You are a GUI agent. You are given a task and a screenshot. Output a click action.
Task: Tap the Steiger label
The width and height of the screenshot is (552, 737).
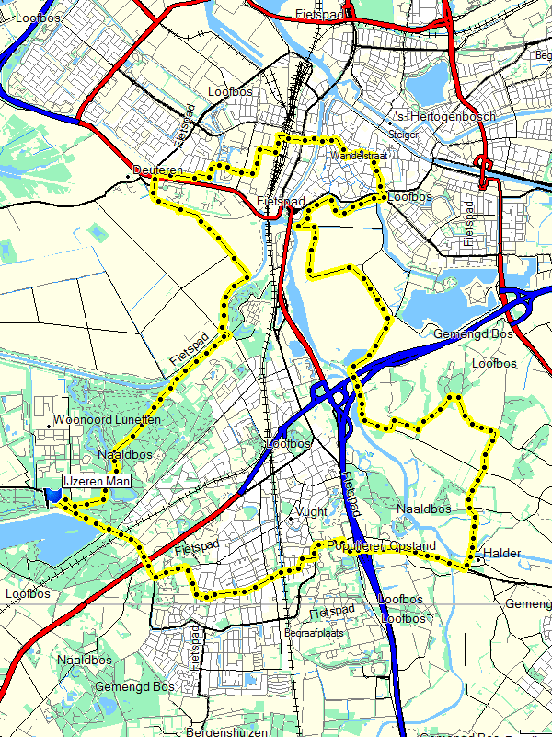coord(404,135)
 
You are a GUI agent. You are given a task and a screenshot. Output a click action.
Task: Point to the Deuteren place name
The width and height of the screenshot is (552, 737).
coord(152,170)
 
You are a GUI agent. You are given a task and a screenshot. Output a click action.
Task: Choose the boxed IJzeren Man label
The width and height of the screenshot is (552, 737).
coord(96,481)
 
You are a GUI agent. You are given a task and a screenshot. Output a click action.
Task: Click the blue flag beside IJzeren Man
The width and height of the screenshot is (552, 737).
coord(52,496)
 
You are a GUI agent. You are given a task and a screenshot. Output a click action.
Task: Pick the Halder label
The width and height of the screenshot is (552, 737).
coord(502,553)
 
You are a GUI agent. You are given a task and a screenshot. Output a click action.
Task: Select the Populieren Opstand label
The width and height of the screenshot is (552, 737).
coord(382,546)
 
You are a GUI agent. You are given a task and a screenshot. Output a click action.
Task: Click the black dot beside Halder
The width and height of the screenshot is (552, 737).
coord(478,558)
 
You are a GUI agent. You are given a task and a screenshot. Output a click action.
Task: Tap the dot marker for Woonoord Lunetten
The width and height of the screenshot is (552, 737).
coord(49,427)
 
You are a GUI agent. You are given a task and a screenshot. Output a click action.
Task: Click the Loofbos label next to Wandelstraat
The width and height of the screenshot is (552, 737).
coord(409,197)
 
